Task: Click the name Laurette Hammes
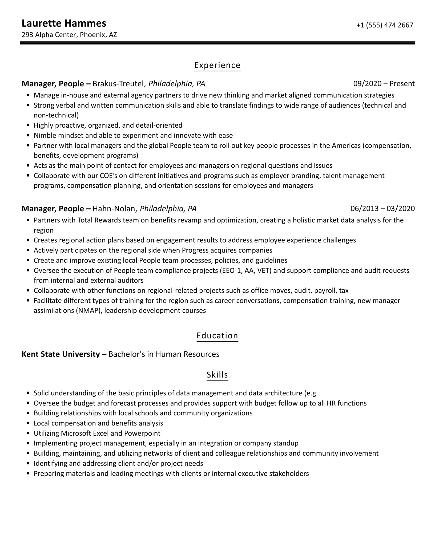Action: point(64,23)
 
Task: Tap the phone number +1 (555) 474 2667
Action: point(385,25)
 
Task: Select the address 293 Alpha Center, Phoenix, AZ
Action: point(69,35)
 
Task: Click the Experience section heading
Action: point(217,65)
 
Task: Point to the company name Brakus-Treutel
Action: point(118,84)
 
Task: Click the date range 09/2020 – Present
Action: point(384,84)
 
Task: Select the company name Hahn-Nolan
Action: point(114,209)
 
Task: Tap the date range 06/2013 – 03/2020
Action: point(382,209)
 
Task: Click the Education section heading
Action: point(217,335)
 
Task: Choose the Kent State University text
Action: point(61,354)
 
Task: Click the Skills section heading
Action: point(217,375)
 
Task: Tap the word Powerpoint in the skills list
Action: point(142,433)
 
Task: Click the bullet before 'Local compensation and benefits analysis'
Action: point(29,423)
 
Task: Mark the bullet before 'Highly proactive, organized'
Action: point(29,125)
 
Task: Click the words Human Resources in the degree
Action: point(187,354)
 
